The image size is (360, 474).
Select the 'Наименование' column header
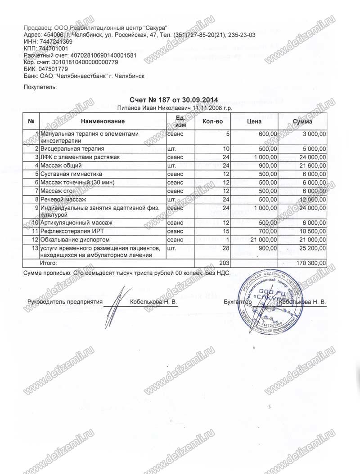(103, 121)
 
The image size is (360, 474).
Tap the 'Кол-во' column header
(212, 121)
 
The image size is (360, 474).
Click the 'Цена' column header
(255, 121)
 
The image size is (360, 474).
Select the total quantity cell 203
(224, 262)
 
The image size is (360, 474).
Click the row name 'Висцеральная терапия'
(72, 148)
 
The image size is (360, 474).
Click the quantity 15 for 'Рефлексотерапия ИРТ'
(226, 231)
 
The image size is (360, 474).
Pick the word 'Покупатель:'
(40, 87)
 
